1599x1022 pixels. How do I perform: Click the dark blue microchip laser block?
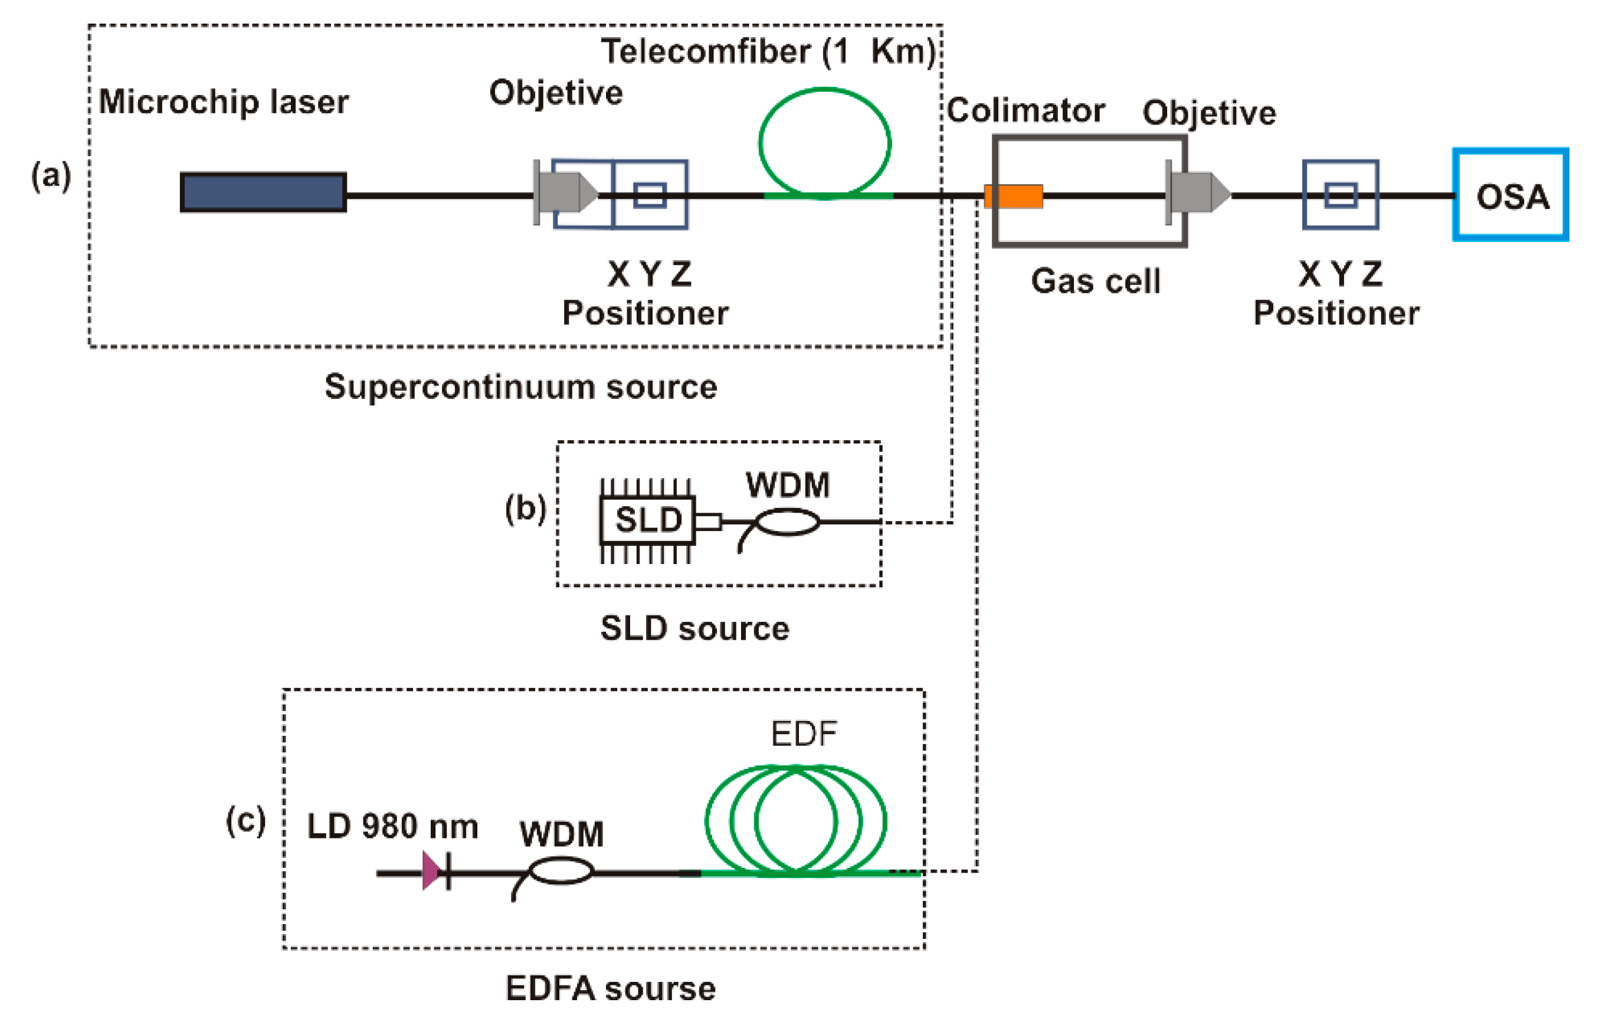coord(263,192)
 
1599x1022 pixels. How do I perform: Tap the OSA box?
coord(1510,195)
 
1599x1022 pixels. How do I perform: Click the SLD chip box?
coord(647,520)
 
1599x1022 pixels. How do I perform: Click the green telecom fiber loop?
coord(825,142)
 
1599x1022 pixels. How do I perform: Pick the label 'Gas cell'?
coord(1096,281)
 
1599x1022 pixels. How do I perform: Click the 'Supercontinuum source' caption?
coord(520,386)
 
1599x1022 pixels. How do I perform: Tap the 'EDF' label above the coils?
coord(804,734)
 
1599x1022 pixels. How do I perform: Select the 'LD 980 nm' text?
coord(392,827)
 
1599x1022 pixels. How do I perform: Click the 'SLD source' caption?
coord(694,628)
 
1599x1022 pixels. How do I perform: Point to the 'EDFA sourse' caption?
coord(610,988)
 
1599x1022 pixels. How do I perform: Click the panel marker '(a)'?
coord(51,176)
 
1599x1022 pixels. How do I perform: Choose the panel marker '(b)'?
coord(525,509)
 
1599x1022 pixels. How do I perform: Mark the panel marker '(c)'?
coord(245,821)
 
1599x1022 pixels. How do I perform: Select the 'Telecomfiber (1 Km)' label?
coord(768,51)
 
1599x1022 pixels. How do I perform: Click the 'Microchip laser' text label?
coord(224,102)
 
